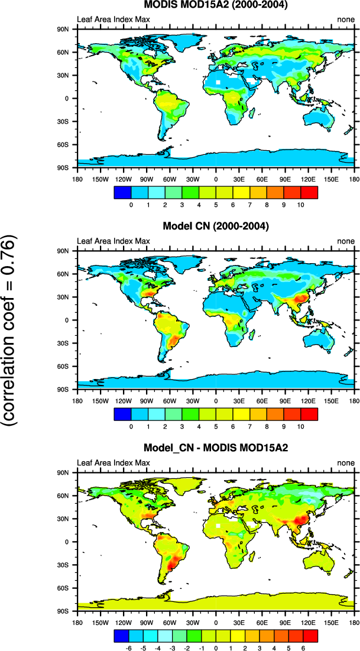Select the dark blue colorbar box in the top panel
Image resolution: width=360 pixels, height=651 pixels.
121,192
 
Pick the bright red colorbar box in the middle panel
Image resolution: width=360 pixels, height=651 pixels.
309,413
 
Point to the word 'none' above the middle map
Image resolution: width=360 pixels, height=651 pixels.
346,241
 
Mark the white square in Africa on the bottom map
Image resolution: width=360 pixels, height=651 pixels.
218,524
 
